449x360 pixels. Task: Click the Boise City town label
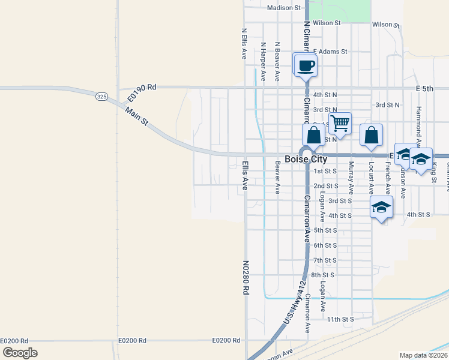point(306,159)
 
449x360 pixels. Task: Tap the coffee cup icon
point(306,65)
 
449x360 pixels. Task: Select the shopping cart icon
point(340,124)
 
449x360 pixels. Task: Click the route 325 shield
point(101,96)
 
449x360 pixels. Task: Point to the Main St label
point(137,116)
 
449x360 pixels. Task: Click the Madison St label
point(284,8)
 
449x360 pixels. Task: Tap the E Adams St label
point(330,52)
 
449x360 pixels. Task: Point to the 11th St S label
point(341,320)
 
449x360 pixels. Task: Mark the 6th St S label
point(325,245)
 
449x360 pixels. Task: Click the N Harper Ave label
point(263,62)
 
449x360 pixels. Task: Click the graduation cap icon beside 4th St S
point(381,208)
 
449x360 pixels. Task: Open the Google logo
point(20,353)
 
